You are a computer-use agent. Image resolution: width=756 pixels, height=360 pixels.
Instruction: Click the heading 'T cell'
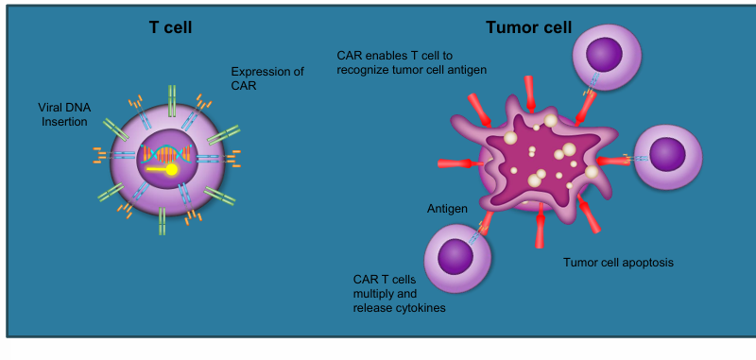click(170, 27)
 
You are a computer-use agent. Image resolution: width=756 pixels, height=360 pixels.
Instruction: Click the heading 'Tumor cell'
click(528, 27)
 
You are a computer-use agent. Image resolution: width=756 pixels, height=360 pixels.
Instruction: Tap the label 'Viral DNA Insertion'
click(63, 114)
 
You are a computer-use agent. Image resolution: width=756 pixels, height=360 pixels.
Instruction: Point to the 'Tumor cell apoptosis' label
click(618, 262)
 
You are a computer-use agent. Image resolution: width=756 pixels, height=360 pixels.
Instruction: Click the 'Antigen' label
click(446, 208)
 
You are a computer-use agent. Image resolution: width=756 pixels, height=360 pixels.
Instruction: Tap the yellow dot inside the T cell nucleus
click(172, 170)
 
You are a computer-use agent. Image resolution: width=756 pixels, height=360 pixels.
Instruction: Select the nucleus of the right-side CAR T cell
click(669, 154)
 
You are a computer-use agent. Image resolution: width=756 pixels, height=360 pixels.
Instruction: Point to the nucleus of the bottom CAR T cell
click(456, 255)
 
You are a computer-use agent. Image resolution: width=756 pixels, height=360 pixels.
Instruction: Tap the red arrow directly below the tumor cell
click(540, 227)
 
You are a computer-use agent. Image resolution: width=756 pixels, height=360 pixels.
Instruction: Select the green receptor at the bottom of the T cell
click(163, 222)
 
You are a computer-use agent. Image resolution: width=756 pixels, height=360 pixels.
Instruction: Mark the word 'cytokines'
click(421, 308)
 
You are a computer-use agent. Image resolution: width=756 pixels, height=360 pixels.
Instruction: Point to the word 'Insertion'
click(63, 122)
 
